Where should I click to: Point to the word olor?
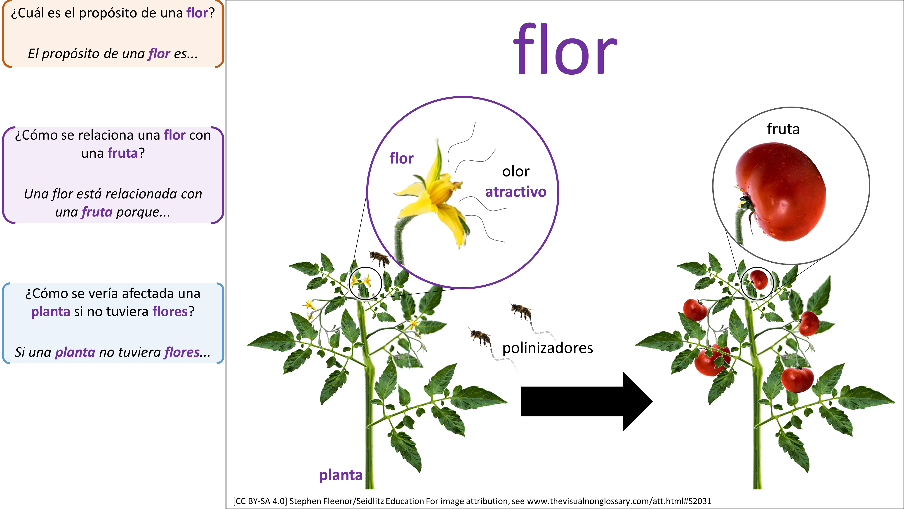516,171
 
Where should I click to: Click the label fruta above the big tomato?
783,129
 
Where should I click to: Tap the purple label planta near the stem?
340,475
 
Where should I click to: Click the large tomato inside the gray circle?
783,191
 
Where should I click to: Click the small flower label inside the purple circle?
401,158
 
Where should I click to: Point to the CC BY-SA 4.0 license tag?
260,501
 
